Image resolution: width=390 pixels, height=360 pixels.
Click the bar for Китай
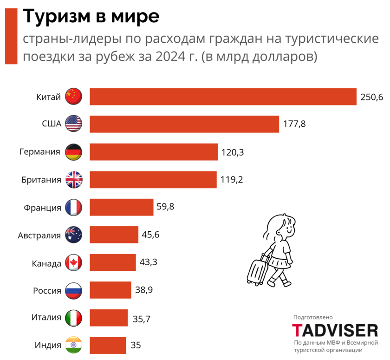pyautogui.click(x=223, y=97)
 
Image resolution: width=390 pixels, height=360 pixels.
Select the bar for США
pyautogui.click(x=184, y=124)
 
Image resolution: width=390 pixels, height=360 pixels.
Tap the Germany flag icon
pyautogui.click(x=73, y=152)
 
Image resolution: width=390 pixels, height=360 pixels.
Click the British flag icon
pyautogui.click(x=73, y=179)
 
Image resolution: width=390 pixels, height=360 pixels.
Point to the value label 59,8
pyautogui.click(x=165, y=207)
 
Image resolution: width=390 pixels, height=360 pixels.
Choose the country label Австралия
pyautogui.click(x=39, y=236)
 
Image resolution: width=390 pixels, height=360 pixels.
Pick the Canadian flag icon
pyautogui.click(x=73, y=263)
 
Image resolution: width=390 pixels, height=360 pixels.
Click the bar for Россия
pyautogui.click(x=110, y=290)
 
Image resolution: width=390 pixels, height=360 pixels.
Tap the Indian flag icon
pyautogui.click(x=73, y=346)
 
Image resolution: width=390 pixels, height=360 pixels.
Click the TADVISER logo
pyautogui.click(x=335, y=331)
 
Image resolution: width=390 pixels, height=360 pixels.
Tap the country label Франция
pyautogui.click(x=42, y=208)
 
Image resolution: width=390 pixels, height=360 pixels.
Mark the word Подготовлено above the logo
pyautogui.click(x=313, y=317)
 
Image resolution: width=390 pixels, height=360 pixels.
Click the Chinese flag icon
pyautogui.click(x=73, y=97)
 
